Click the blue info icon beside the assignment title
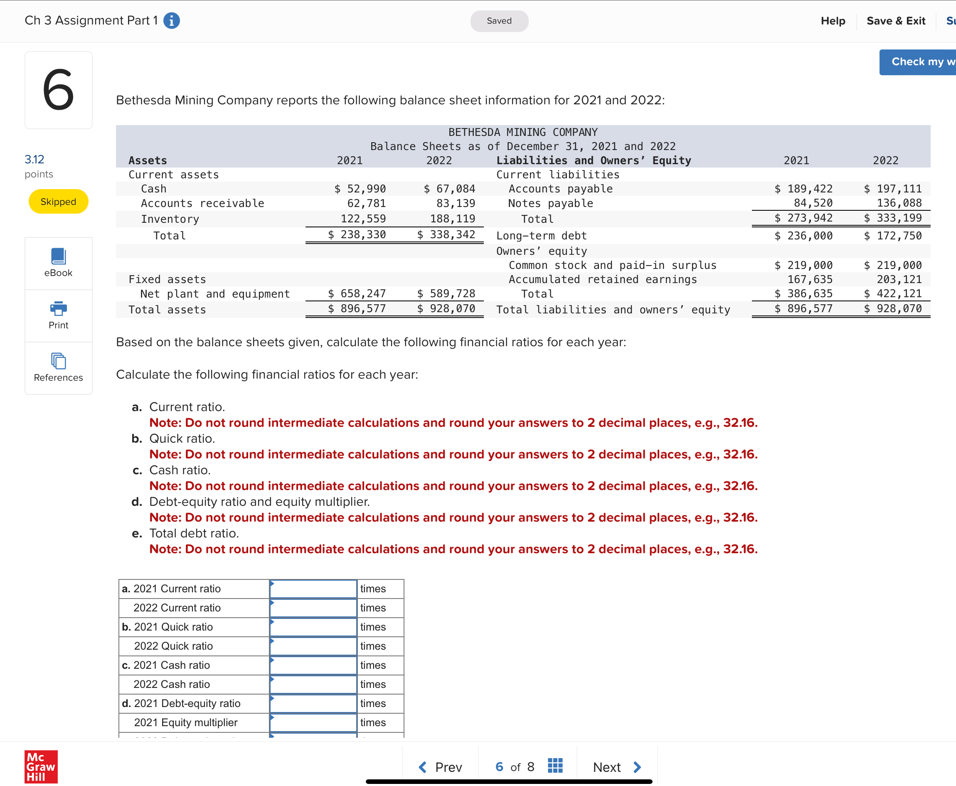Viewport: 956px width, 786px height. coord(171,21)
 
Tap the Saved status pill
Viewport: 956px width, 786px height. coord(499,21)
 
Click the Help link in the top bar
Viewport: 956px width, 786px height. coord(833,21)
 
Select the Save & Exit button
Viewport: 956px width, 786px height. coord(895,21)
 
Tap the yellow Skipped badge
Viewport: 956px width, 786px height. coord(58,202)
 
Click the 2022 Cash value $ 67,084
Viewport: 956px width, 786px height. coord(449,189)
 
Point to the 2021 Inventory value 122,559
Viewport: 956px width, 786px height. coord(363,219)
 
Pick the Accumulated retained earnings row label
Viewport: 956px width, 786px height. coord(602,279)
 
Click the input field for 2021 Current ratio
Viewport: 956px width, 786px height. coord(313,589)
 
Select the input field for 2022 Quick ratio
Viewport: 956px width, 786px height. coord(313,646)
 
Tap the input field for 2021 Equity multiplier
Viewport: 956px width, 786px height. coord(313,722)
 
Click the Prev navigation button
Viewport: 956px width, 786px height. coord(440,767)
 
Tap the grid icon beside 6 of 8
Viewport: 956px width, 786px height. coord(555,766)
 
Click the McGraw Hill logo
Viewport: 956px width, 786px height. coord(41,766)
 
